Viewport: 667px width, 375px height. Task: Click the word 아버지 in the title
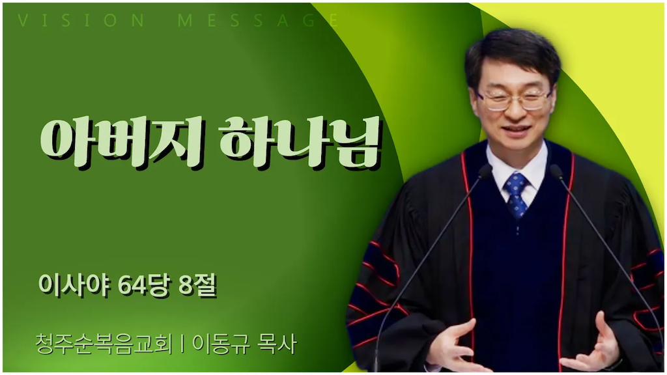click(122, 141)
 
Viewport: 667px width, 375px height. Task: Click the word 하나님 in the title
click(300, 141)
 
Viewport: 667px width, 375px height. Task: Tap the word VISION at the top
click(81, 20)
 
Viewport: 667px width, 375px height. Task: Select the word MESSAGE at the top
click(258, 20)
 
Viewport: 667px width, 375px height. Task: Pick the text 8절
click(198, 285)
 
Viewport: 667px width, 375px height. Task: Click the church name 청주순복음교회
click(104, 344)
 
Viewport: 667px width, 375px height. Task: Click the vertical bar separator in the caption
click(182, 344)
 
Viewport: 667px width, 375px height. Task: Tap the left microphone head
click(485, 171)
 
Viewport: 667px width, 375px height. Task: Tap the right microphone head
click(556, 171)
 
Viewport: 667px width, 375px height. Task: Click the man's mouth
click(517, 128)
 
